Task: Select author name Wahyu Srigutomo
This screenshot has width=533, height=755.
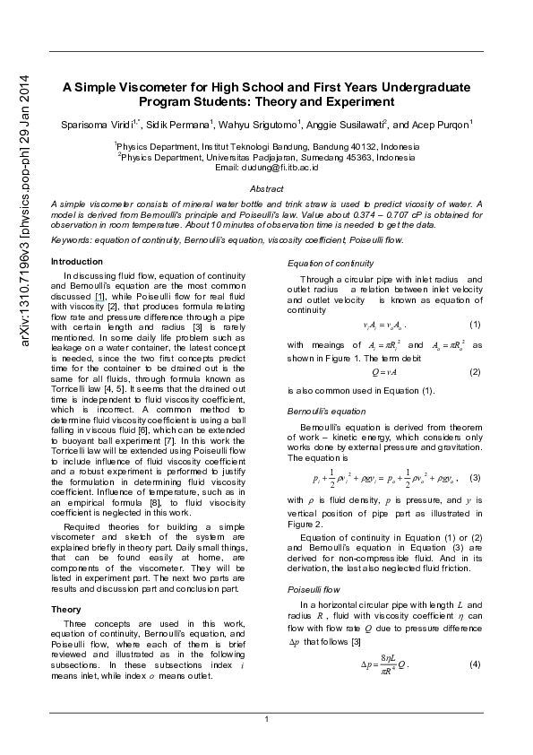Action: pyautogui.click(x=257, y=126)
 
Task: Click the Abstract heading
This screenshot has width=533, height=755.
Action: pyautogui.click(x=267, y=188)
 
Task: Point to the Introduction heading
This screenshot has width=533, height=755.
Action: pyautogui.click(x=77, y=262)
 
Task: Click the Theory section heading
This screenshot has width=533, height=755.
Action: pyautogui.click(x=66, y=610)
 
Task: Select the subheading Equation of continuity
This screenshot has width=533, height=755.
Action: pyautogui.click(x=331, y=264)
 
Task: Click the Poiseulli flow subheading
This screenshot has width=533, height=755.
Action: pyautogui.click(x=314, y=589)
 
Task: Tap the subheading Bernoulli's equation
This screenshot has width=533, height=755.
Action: pyautogui.click(x=327, y=412)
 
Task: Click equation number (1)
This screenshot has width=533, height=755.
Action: pyautogui.click(x=474, y=325)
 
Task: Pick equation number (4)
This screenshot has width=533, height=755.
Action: pyautogui.click(x=474, y=664)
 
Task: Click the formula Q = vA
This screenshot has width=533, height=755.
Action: pyautogui.click(x=384, y=372)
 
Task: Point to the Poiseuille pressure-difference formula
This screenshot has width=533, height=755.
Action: pyautogui.click(x=385, y=664)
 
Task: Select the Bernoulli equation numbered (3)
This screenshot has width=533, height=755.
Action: pyautogui.click(x=385, y=478)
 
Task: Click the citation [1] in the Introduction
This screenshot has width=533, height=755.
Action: pyautogui.click(x=100, y=297)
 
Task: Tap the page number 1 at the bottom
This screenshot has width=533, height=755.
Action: pyautogui.click(x=267, y=719)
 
